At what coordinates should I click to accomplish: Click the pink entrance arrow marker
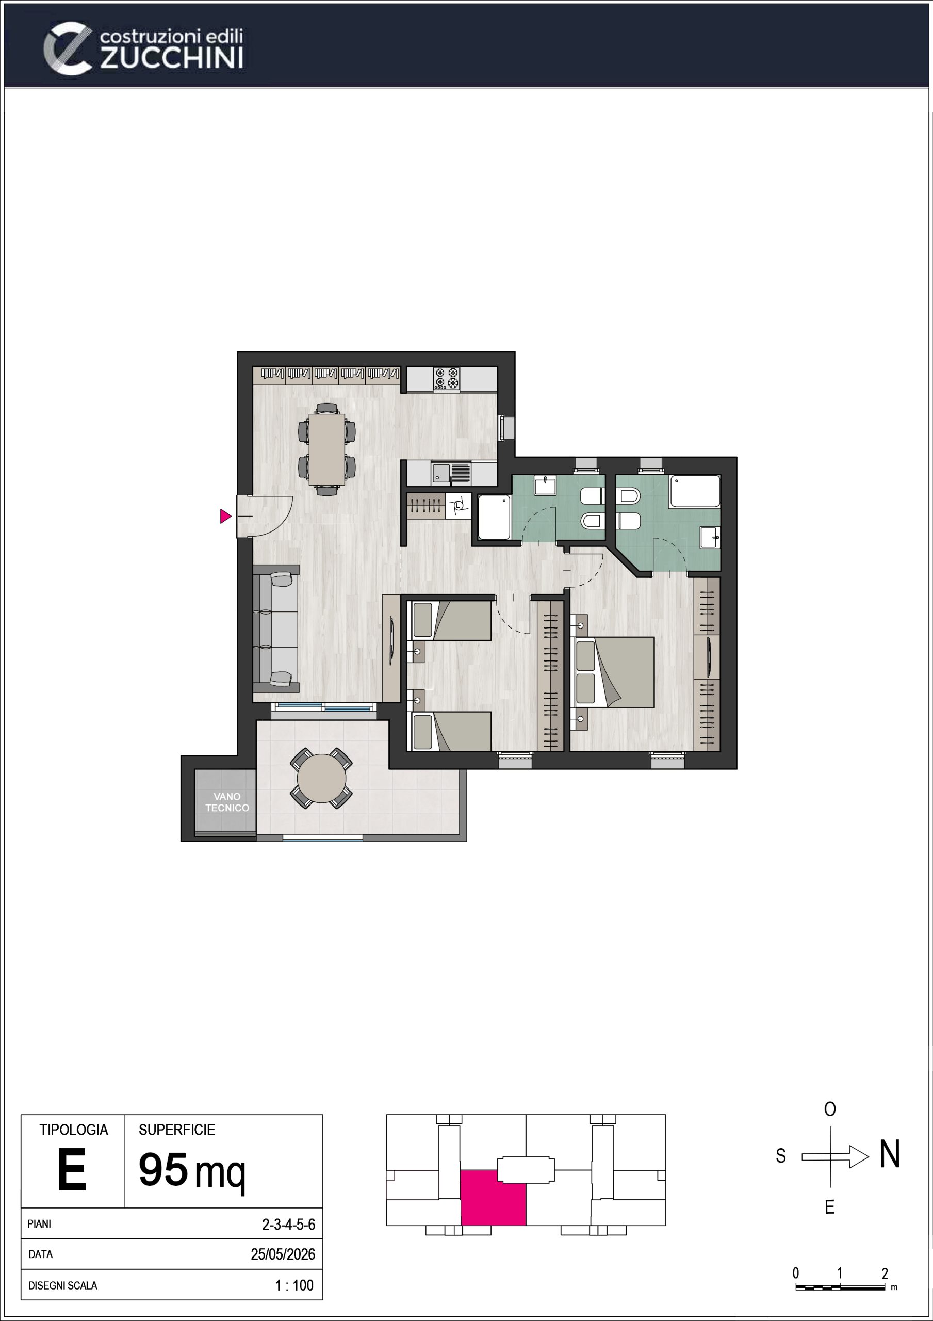pyautogui.click(x=225, y=516)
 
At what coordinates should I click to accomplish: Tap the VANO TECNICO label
pyautogui.click(x=227, y=802)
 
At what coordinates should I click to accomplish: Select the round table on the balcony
pyautogui.click(x=321, y=779)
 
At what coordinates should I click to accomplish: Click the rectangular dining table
pyautogui.click(x=326, y=449)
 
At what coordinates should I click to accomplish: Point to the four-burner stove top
pyautogui.click(x=446, y=379)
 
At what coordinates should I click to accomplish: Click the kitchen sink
pyautogui.click(x=451, y=474)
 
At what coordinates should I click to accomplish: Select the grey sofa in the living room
pyautogui.click(x=275, y=629)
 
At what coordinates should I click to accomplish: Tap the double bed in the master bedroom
pyautogui.click(x=614, y=672)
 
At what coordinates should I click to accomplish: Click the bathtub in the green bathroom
pyautogui.click(x=695, y=491)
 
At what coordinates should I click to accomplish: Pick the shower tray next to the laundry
pyautogui.click(x=494, y=517)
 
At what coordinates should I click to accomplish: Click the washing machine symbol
pyautogui.click(x=459, y=506)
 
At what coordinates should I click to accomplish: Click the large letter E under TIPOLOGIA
pyautogui.click(x=72, y=1170)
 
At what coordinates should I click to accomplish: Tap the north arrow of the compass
pyautogui.click(x=835, y=1156)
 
